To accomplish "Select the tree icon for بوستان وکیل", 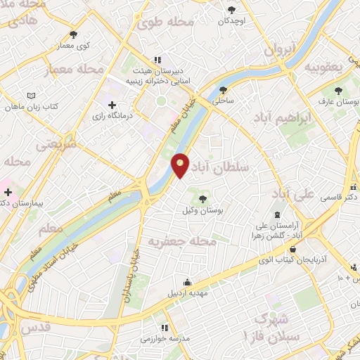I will click(x=203, y=199).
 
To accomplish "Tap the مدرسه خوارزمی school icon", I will click(x=165, y=328).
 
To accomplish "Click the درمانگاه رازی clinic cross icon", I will click(x=112, y=105).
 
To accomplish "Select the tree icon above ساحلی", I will click(x=224, y=89).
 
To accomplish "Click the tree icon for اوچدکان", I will click(x=231, y=10).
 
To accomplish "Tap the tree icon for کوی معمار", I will click(x=74, y=34).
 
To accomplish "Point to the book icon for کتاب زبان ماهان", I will click(x=30, y=96).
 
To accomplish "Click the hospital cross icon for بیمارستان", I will click(x=7, y=191).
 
